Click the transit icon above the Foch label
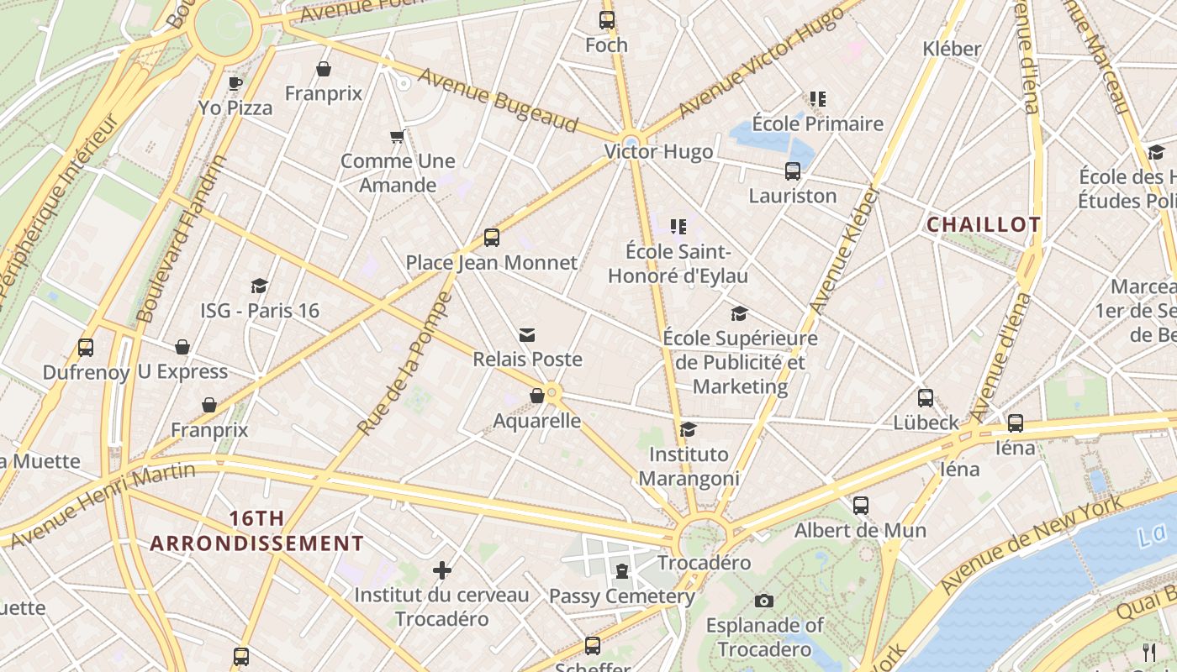[x=606, y=20]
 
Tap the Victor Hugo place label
[x=658, y=152]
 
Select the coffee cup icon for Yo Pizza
[x=235, y=83]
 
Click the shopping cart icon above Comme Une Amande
[x=398, y=136]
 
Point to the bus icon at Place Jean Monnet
[x=492, y=238]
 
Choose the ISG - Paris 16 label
[x=260, y=311]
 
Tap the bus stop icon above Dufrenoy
[x=85, y=348]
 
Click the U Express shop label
[x=182, y=371]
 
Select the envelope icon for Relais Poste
[x=527, y=335]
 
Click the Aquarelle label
[x=537, y=420]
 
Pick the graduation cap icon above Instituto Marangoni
[x=689, y=430]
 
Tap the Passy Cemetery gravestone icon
[x=621, y=572]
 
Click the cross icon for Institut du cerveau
[x=442, y=571]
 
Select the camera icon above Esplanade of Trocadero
[x=763, y=601]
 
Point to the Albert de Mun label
[x=860, y=530]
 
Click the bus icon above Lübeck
[x=926, y=398]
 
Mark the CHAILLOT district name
[x=983, y=224]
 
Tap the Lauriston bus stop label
[x=793, y=196]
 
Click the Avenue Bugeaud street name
[x=499, y=100]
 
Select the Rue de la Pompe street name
[x=405, y=364]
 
